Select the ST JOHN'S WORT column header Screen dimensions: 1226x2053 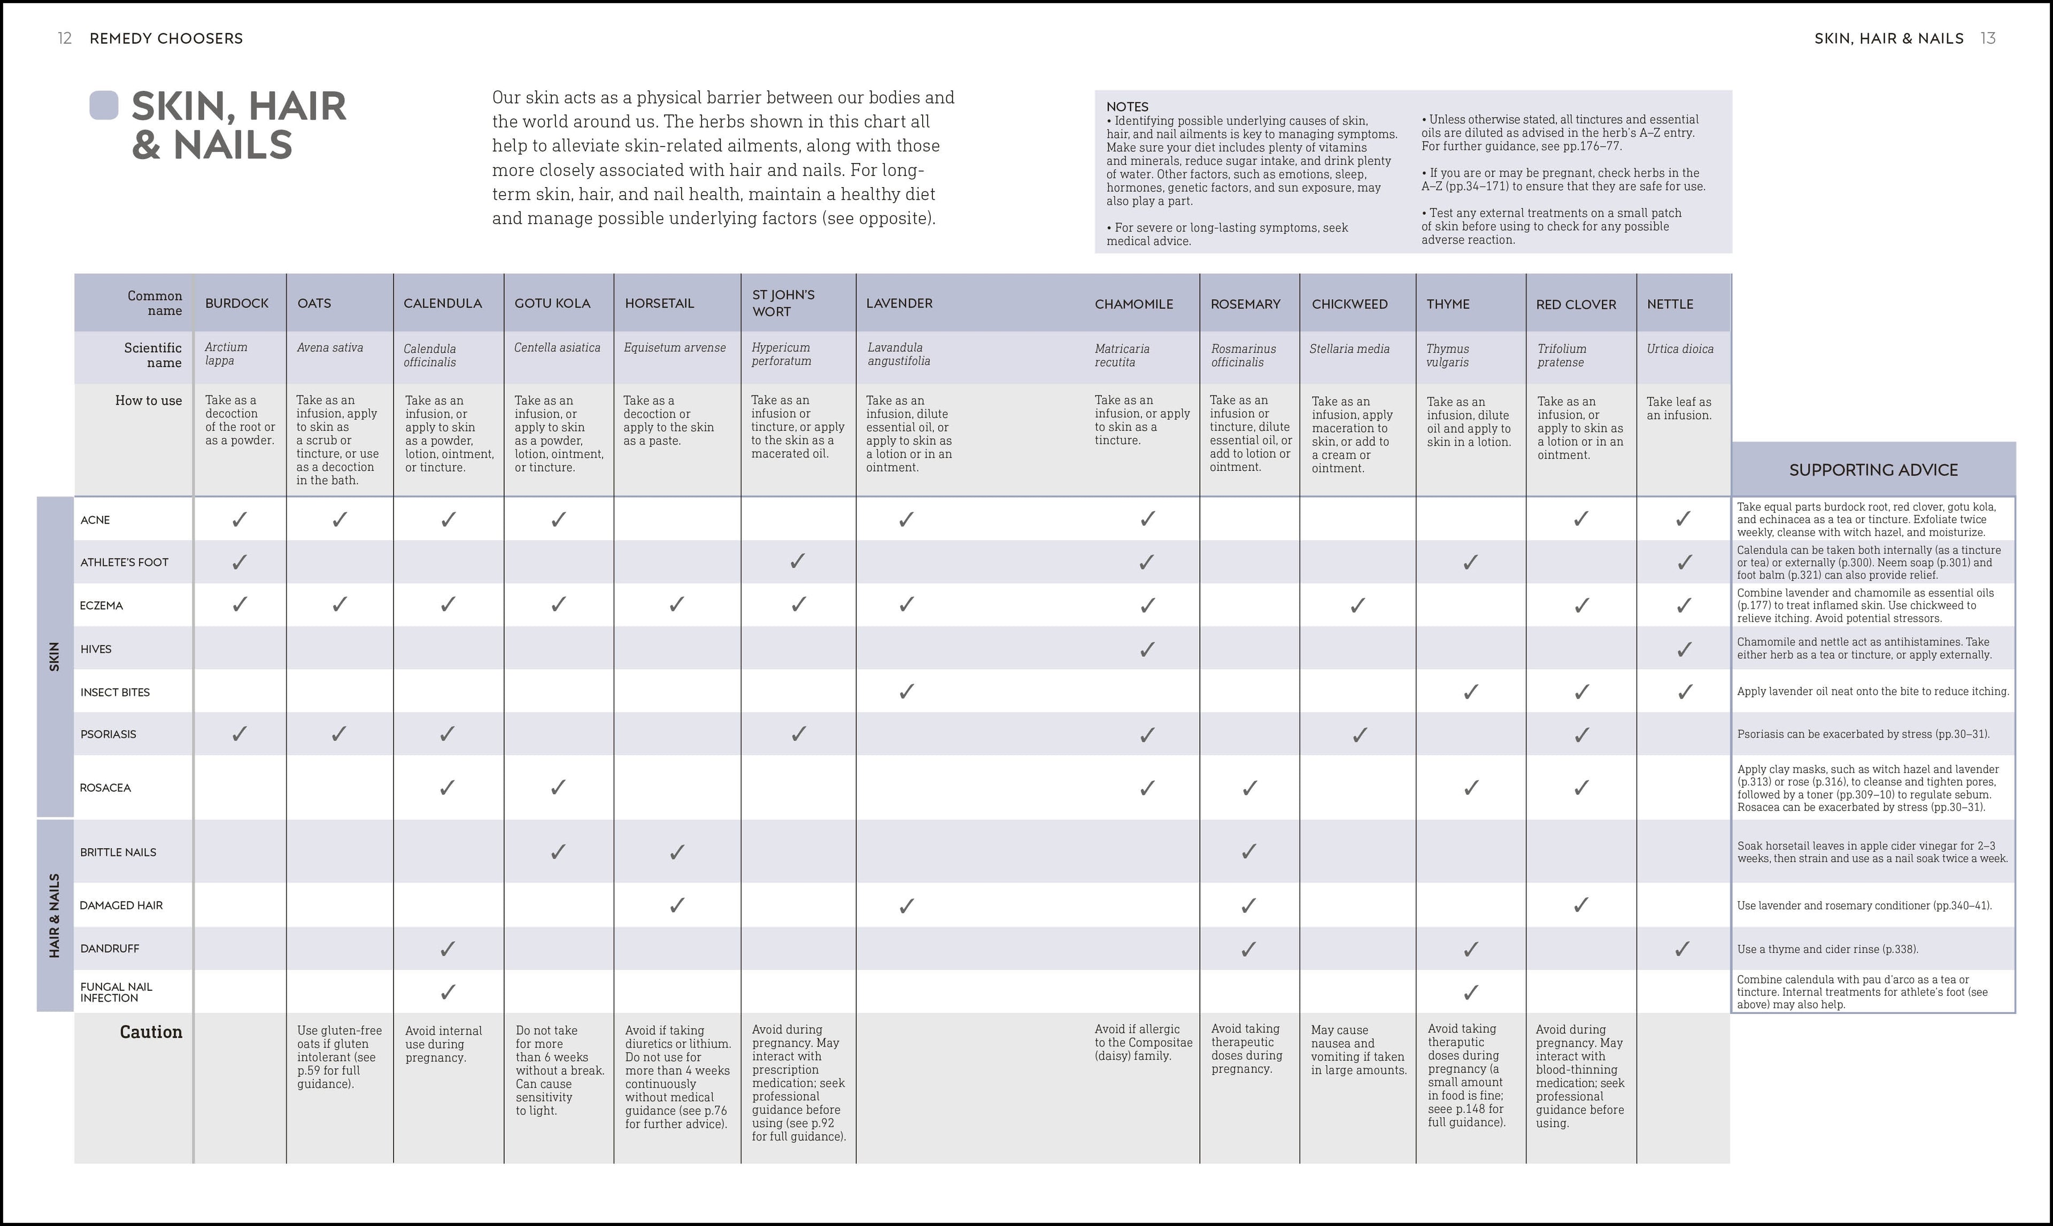coord(783,303)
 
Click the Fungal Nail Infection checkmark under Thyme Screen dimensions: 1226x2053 coord(1470,992)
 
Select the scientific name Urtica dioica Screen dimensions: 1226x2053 coord(1679,348)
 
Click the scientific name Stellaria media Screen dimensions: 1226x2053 coord(1349,348)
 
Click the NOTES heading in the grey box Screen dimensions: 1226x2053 coord(1126,106)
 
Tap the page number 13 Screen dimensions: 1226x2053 coord(1988,38)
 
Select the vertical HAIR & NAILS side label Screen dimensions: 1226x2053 coord(55,915)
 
